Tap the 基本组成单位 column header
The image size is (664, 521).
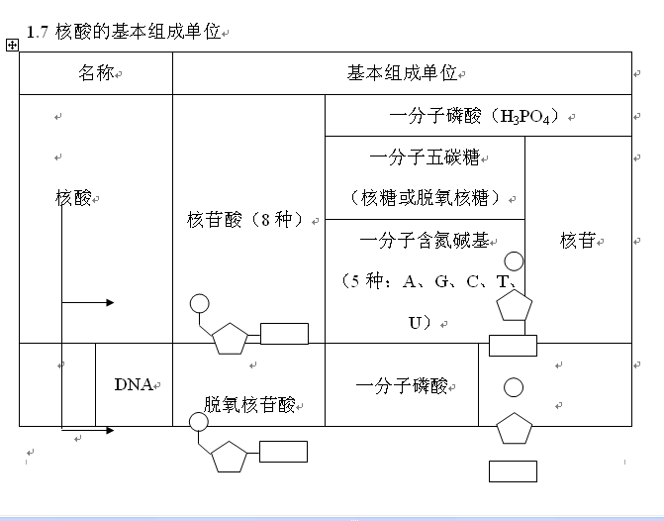point(402,73)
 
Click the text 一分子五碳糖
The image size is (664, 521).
point(425,156)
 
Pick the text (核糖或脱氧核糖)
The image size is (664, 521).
point(425,197)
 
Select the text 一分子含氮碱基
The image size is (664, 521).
point(425,239)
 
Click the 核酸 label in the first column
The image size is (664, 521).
point(73,198)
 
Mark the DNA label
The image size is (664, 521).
point(133,384)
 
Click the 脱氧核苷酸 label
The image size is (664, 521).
point(249,403)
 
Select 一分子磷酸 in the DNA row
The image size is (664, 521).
point(402,384)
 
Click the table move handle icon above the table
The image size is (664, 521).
point(12,45)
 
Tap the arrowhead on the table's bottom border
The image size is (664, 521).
point(109,430)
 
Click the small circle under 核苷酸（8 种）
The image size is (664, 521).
point(199,303)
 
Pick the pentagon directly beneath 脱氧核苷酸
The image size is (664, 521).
point(229,458)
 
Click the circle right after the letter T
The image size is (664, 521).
point(514,262)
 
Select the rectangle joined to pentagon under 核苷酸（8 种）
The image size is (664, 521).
point(285,334)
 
